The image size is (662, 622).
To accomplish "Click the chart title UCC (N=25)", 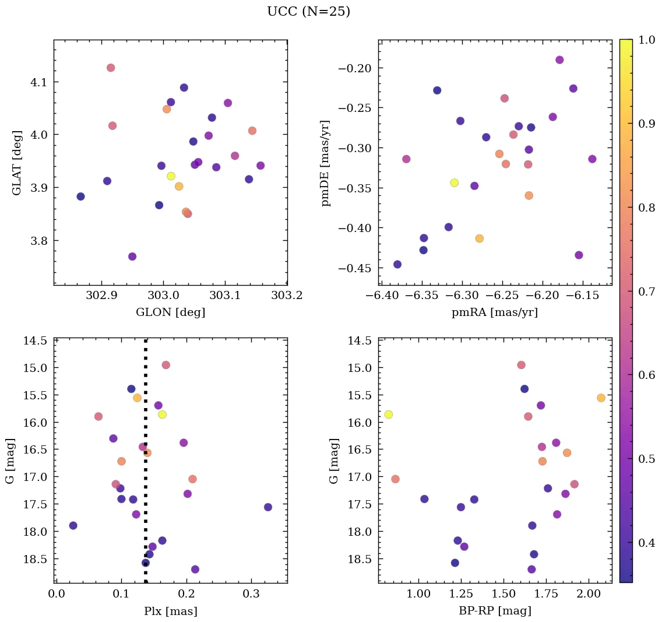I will tap(308, 12).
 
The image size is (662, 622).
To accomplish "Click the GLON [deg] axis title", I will tap(170, 312).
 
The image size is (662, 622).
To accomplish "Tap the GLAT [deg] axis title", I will tap(17, 162).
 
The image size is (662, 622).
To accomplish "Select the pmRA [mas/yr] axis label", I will tap(495, 312).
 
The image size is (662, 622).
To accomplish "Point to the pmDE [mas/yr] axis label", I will tap(326, 163).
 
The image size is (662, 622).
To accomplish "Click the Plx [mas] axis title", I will tap(170, 612).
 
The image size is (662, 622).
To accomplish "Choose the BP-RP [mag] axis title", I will tap(495, 612).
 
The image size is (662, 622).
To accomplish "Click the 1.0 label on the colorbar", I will tap(646, 40).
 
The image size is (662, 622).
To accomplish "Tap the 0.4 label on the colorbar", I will tap(646, 543).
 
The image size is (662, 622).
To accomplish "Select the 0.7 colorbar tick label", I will tap(646, 291).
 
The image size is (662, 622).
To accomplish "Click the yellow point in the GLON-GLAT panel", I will tap(171, 176).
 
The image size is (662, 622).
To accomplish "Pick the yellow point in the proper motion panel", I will tap(455, 182).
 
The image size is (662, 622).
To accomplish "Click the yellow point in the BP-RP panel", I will tap(388, 414).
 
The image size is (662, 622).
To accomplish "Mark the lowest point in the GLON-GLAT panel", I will tap(132, 256).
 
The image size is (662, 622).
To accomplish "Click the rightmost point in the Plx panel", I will tap(267, 507).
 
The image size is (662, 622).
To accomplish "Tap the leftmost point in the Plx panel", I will tap(73, 525).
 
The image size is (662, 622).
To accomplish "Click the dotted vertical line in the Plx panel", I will tap(145, 466).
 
